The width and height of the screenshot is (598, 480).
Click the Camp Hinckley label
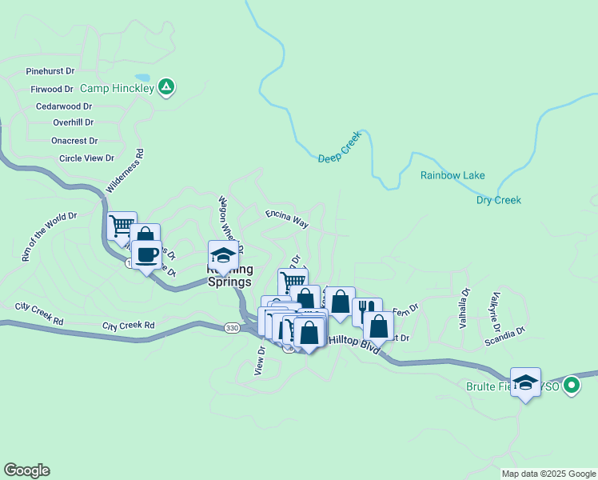(x=117, y=86)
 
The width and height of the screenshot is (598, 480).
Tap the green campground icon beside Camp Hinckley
(x=166, y=86)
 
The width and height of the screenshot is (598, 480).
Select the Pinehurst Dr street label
(x=50, y=71)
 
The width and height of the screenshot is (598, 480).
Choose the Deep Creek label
(x=340, y=147)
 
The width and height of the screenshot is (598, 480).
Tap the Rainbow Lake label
(x=452, y=176)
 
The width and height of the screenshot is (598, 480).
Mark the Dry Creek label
(x=498, y=200)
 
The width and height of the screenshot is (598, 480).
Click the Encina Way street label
(x=287, y=218)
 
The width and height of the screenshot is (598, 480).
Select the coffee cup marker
(x=146, y=255)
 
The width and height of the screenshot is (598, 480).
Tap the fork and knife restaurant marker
(x=367, y=312)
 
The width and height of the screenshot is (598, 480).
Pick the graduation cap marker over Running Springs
(x=223, y=256)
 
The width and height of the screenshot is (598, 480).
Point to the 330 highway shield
(x=232, y=328)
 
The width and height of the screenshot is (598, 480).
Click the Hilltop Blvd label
(x=353, y=342)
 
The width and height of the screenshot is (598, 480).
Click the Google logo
(x=26, y=470)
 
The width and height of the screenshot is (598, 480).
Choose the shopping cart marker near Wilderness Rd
(x=122, y=226)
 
